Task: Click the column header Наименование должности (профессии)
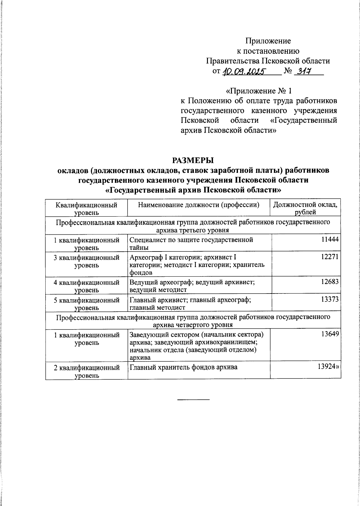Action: point(198,205)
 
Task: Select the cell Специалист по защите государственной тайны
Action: point(191,243)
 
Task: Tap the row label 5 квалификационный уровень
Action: point(86,303)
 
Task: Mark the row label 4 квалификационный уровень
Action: point(86,286)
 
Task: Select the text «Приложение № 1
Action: point(258,91)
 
